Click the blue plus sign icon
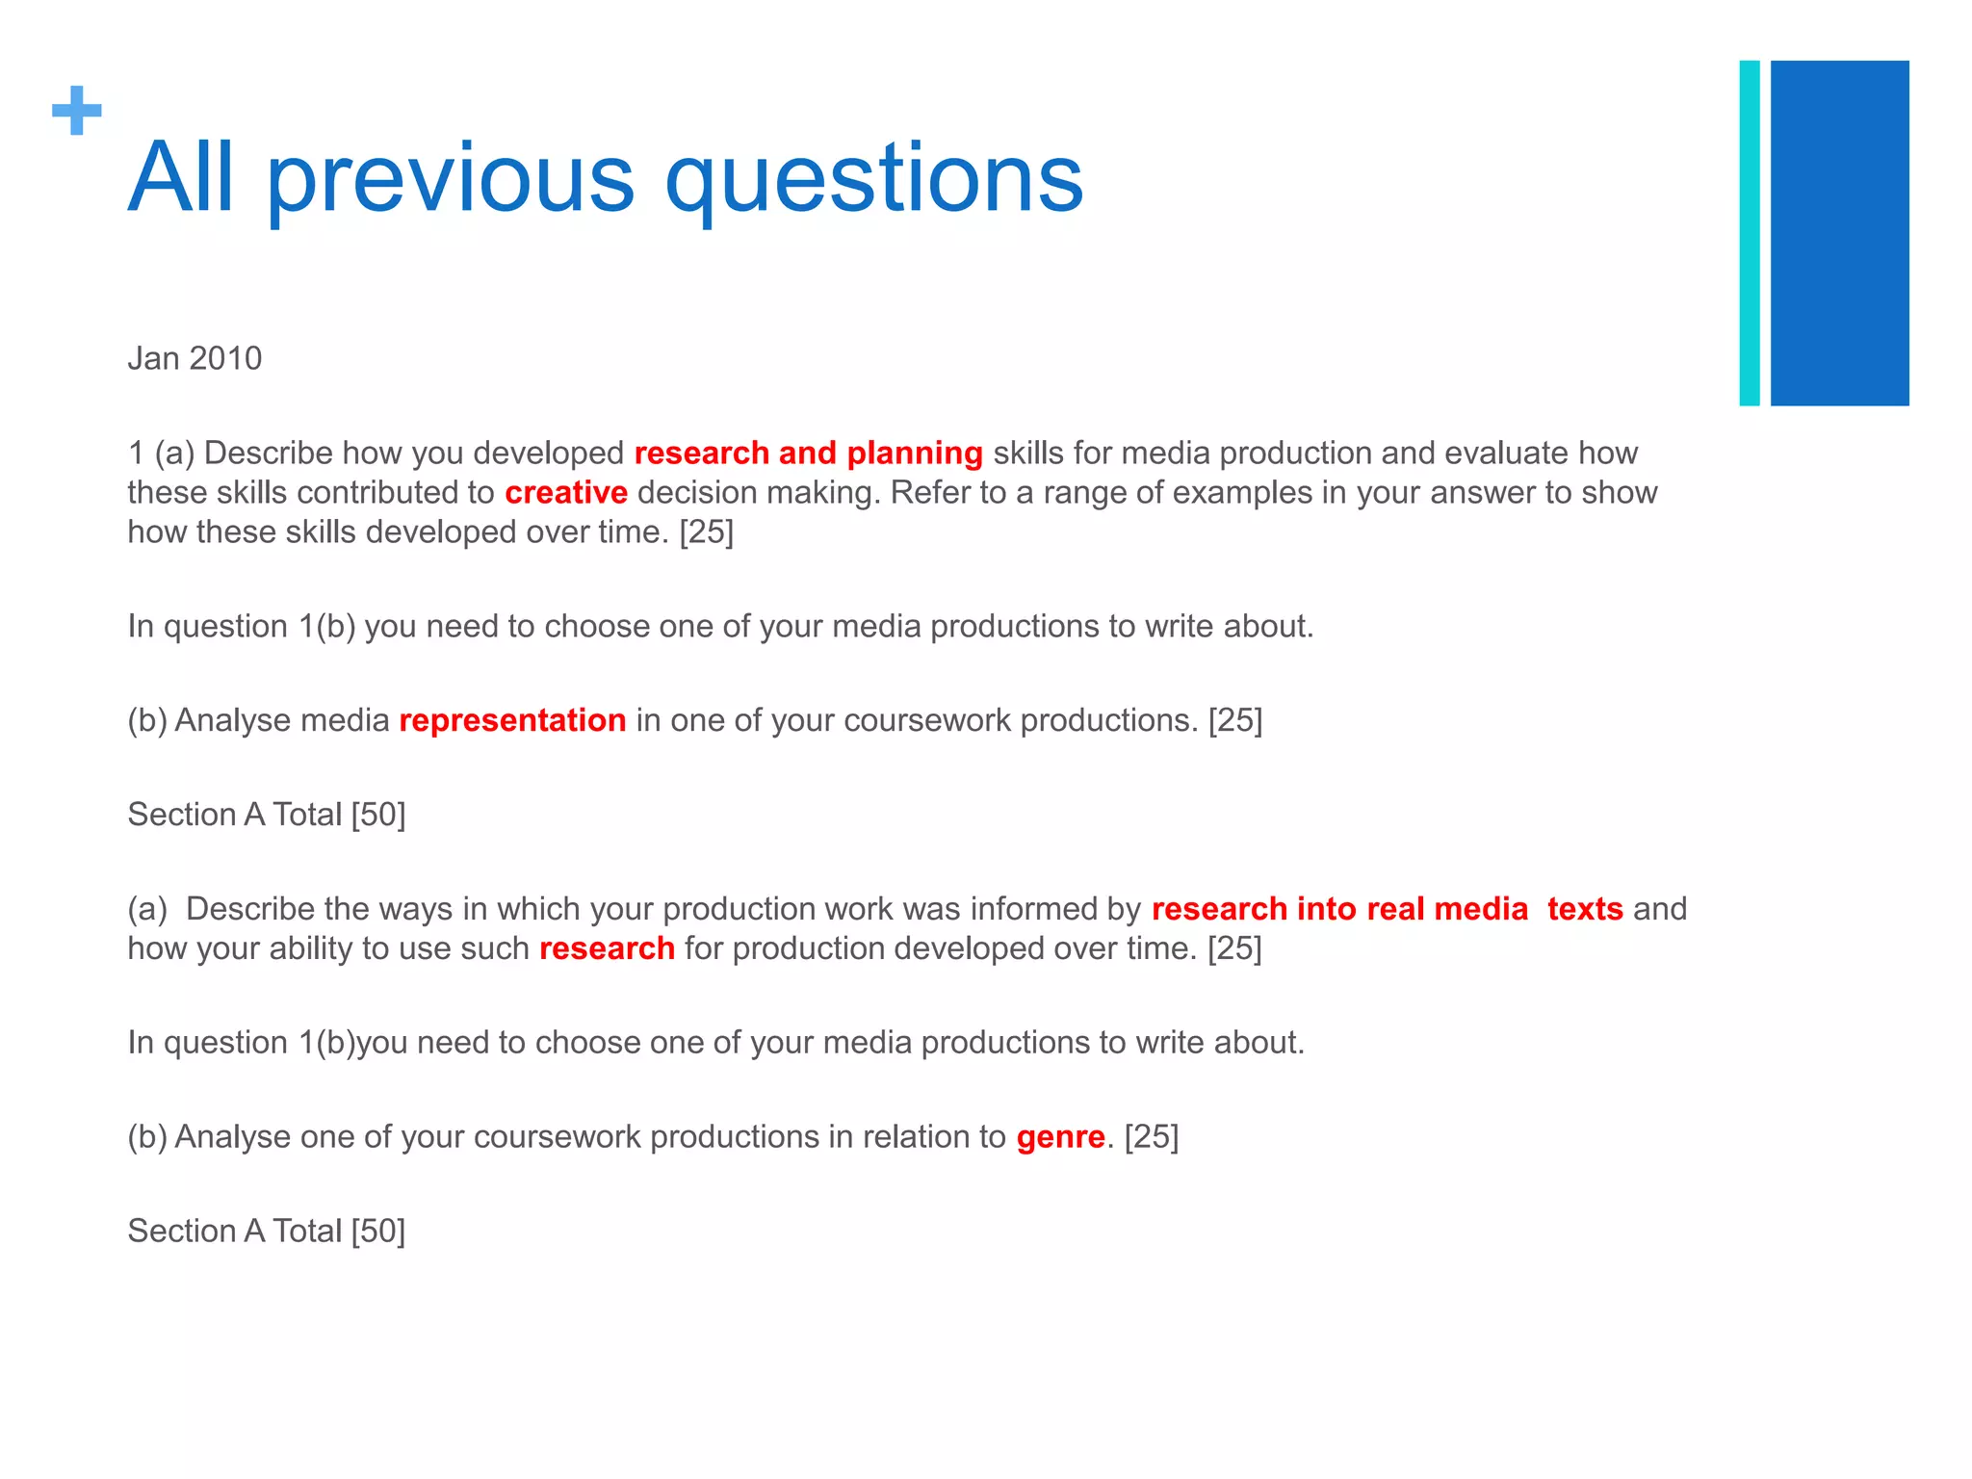77,111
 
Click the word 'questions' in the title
874,179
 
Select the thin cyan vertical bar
1749,233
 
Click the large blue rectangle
1839,233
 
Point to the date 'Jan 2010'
195,358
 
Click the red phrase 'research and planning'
808,453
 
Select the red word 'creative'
566,492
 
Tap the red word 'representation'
512,720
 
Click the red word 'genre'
1060,1137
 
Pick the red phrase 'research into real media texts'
1387,909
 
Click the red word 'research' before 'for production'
607,948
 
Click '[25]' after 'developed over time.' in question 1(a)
706,532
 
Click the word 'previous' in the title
450,179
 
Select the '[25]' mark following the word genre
1151,1137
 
